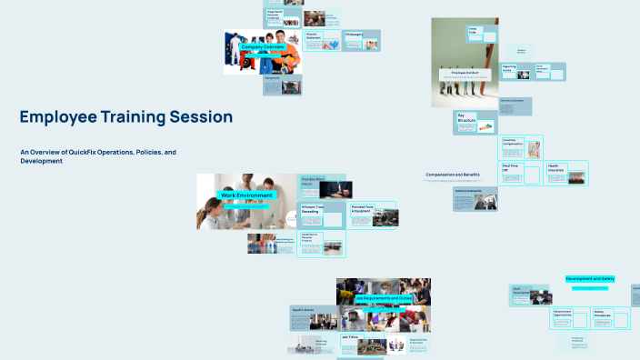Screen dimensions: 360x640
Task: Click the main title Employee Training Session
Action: point(126,117)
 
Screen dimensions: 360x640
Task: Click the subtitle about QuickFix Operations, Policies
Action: point(98,155)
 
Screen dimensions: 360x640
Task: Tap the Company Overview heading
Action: point(263,46)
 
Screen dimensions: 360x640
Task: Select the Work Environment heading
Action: point(246,195)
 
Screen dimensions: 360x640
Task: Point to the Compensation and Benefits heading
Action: point(453,175)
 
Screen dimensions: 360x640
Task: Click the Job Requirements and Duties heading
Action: point(383,298)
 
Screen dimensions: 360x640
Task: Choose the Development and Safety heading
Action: point(590,279)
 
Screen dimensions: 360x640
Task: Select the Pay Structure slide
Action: point(475,123)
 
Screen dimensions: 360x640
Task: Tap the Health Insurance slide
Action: point(566,173)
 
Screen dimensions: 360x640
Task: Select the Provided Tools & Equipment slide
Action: point(373,215)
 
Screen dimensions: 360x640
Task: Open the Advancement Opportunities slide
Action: point(571,317)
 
